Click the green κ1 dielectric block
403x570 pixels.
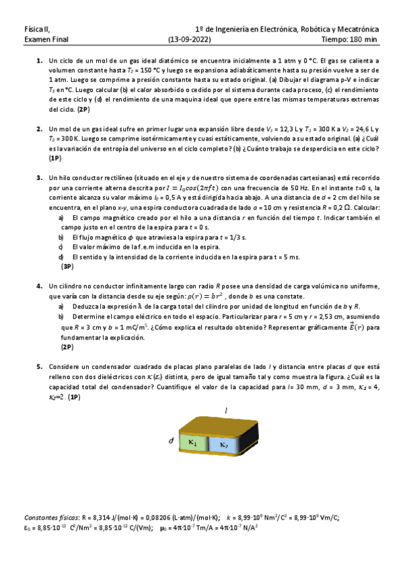(193, 442)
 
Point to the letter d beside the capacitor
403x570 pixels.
(171, 441)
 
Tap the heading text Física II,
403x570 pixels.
(36, 30)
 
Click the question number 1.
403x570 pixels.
(39, 61)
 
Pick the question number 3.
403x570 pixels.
(39, 177)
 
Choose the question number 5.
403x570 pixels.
(39, 367)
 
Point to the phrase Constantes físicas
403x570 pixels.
(50, 517)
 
